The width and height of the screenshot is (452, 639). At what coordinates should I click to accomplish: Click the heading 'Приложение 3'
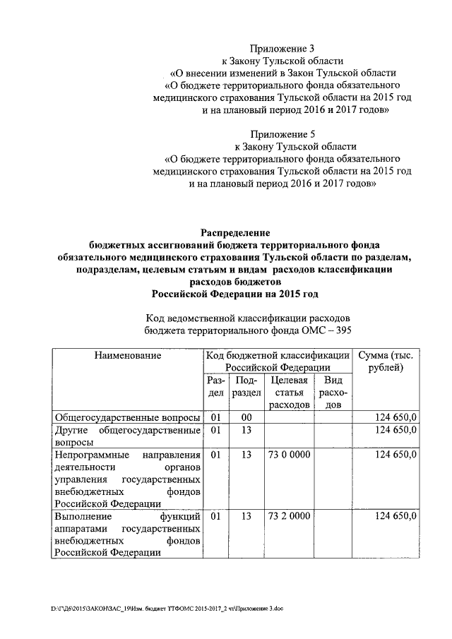pyautogui.click(x=282, y=49)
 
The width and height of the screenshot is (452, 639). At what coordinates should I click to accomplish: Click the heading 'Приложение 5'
pyautogui.click(x=282, y=133)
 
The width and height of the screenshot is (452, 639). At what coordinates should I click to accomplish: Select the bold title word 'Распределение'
pyautogui.click(x=234, y=232)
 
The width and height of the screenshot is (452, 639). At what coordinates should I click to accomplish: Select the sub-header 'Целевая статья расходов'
pyautogui.click(x=290, y=393)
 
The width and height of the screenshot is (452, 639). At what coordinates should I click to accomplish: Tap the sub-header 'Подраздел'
pyautogui.click(x=246, y=386)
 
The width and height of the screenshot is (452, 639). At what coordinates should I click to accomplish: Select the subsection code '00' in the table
pyautogui.click(x=246, y=417)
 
